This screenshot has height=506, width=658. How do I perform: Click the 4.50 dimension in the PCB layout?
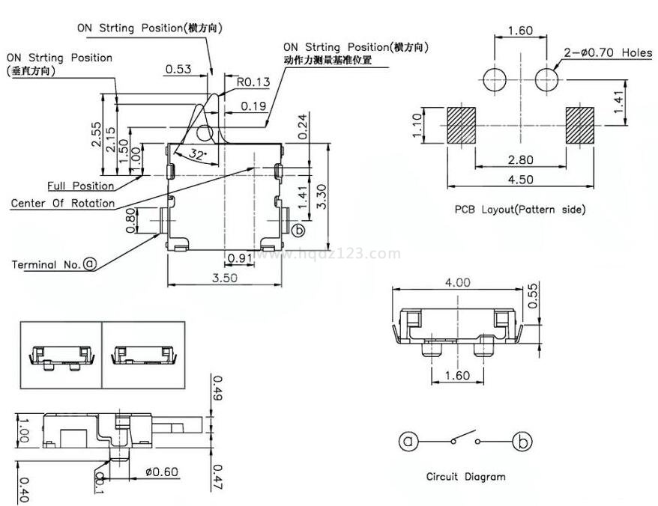[x=519, y=180]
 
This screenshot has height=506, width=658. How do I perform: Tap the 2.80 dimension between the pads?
[x=519, y=160]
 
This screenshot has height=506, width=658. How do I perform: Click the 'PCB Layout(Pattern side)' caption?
[x=519, y=210]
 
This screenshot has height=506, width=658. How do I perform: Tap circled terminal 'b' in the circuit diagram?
[x=522, y=441]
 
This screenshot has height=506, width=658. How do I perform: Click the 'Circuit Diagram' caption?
[x=465, y=476]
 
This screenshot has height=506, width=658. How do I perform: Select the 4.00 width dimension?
[x=457, y=283]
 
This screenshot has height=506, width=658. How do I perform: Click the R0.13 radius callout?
[x=253, y=82]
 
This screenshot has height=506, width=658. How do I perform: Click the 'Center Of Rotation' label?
[x=63, y=203]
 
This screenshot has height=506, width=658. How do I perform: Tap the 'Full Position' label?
[x=81, y=186]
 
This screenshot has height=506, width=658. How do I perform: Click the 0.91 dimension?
[x=239, y=258]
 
